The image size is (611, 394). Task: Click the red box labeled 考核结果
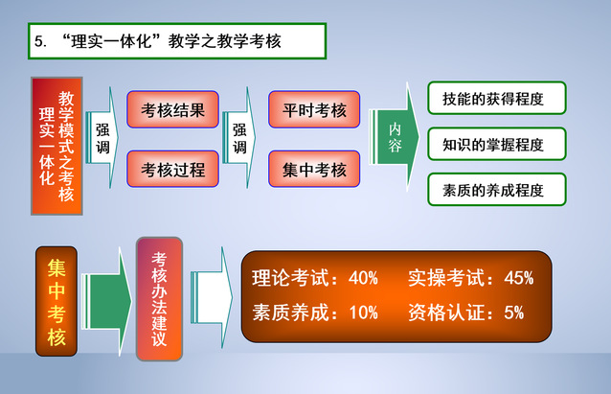coord(173,109)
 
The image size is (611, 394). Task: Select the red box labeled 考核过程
coord(173,170)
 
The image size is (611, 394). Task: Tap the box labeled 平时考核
coord(314,109)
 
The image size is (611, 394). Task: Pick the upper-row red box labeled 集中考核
coord(314,170)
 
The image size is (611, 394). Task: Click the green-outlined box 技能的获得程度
coord(497,98)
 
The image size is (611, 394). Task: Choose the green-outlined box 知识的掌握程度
coord(497,145)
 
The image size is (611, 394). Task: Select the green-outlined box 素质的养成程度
coord(497,190)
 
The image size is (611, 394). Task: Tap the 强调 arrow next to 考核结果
coord(103,139)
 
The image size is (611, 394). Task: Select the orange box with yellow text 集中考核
coord(57,298)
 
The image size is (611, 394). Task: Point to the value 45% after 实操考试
coord(518,278)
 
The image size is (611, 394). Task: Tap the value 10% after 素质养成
coord(363,313)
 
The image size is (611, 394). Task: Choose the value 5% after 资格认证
coord(513,313)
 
